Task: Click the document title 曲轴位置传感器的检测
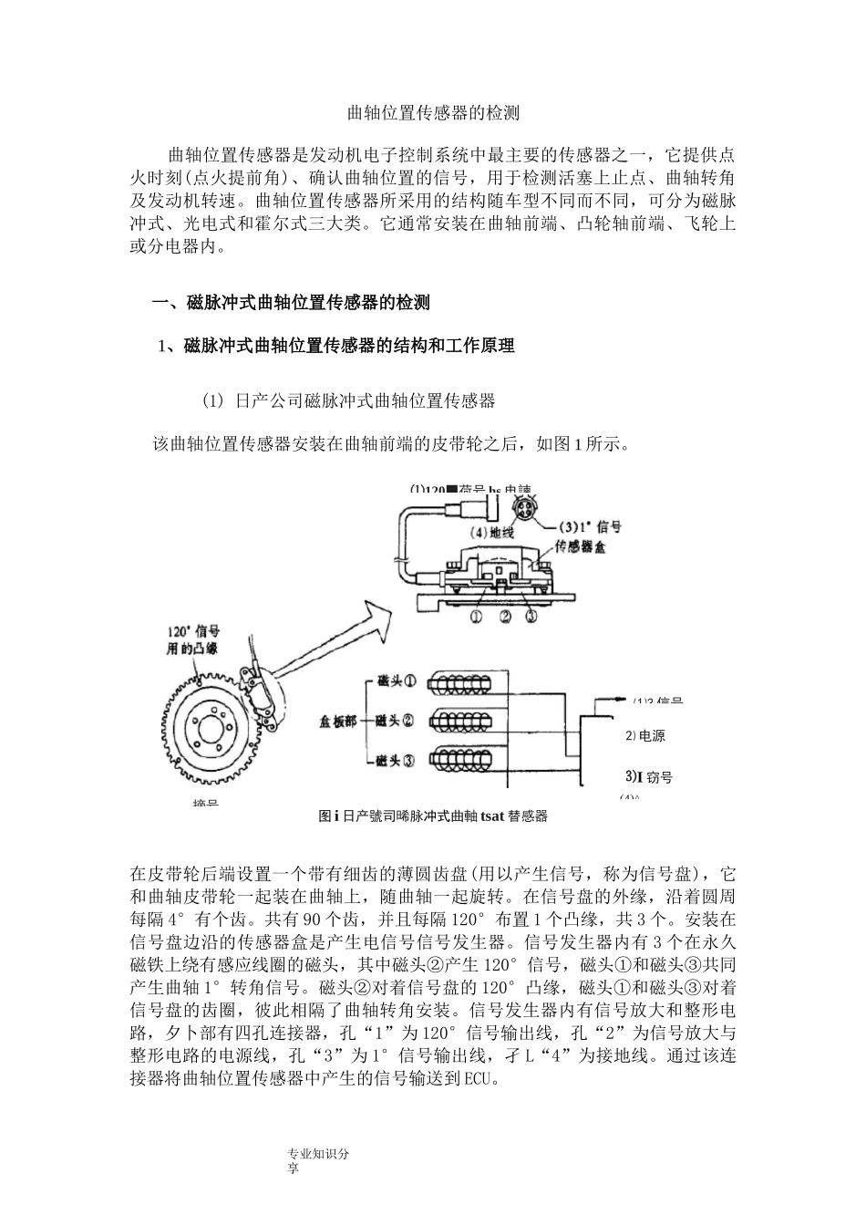(x=433, y=114)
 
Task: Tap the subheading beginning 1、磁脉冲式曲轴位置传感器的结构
(x=336, y=346)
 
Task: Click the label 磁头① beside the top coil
(x=396, y=681)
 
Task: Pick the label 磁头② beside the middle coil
(x=396, y=720)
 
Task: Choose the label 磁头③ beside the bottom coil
(x=396, y=759)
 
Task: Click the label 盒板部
(x=338, y=721)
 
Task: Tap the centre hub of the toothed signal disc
(x=208, y=730)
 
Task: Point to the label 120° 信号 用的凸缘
(x=193, y=640)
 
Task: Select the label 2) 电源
(x=645, y=735)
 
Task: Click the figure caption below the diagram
(x=433, y=816)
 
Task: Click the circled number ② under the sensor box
(x=504, y=617)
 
